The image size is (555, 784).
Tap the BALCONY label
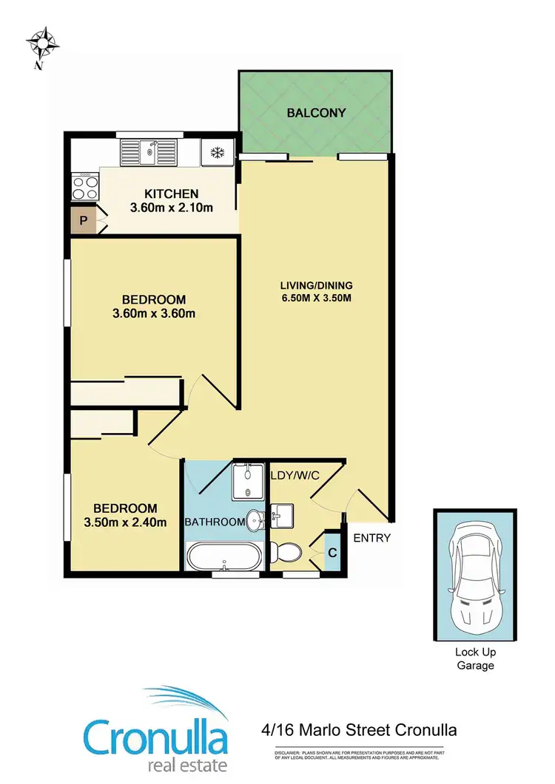[316, 113]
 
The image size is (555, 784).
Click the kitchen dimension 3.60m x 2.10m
[171, 208]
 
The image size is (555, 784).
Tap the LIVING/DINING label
[316, 285]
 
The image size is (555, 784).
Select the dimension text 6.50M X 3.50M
[316, 299]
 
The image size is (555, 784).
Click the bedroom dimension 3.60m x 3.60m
[153, 314]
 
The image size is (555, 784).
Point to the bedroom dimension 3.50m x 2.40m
[124, 522]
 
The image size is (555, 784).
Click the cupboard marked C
[332, 551]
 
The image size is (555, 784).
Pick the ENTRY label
[371, 538]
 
